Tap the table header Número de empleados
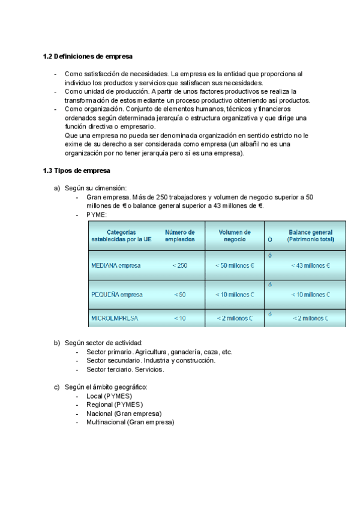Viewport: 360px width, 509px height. coord(180,235)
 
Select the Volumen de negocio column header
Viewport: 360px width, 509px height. coord(235,235)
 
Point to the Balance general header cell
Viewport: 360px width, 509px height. coord(310,235)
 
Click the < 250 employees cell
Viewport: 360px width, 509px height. coord(180,265)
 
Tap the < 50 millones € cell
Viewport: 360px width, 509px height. coord(235,265)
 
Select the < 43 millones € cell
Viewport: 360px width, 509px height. coord(310,265)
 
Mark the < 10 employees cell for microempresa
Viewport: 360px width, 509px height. coord(180,318)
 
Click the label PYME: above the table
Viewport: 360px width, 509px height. coord(97,214)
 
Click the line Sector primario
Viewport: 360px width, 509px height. coord(109,352)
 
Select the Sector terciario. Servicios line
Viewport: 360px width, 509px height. coord(125,369)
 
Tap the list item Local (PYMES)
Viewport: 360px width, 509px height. coord(109,396)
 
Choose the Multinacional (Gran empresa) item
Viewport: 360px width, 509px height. coord(130,422)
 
